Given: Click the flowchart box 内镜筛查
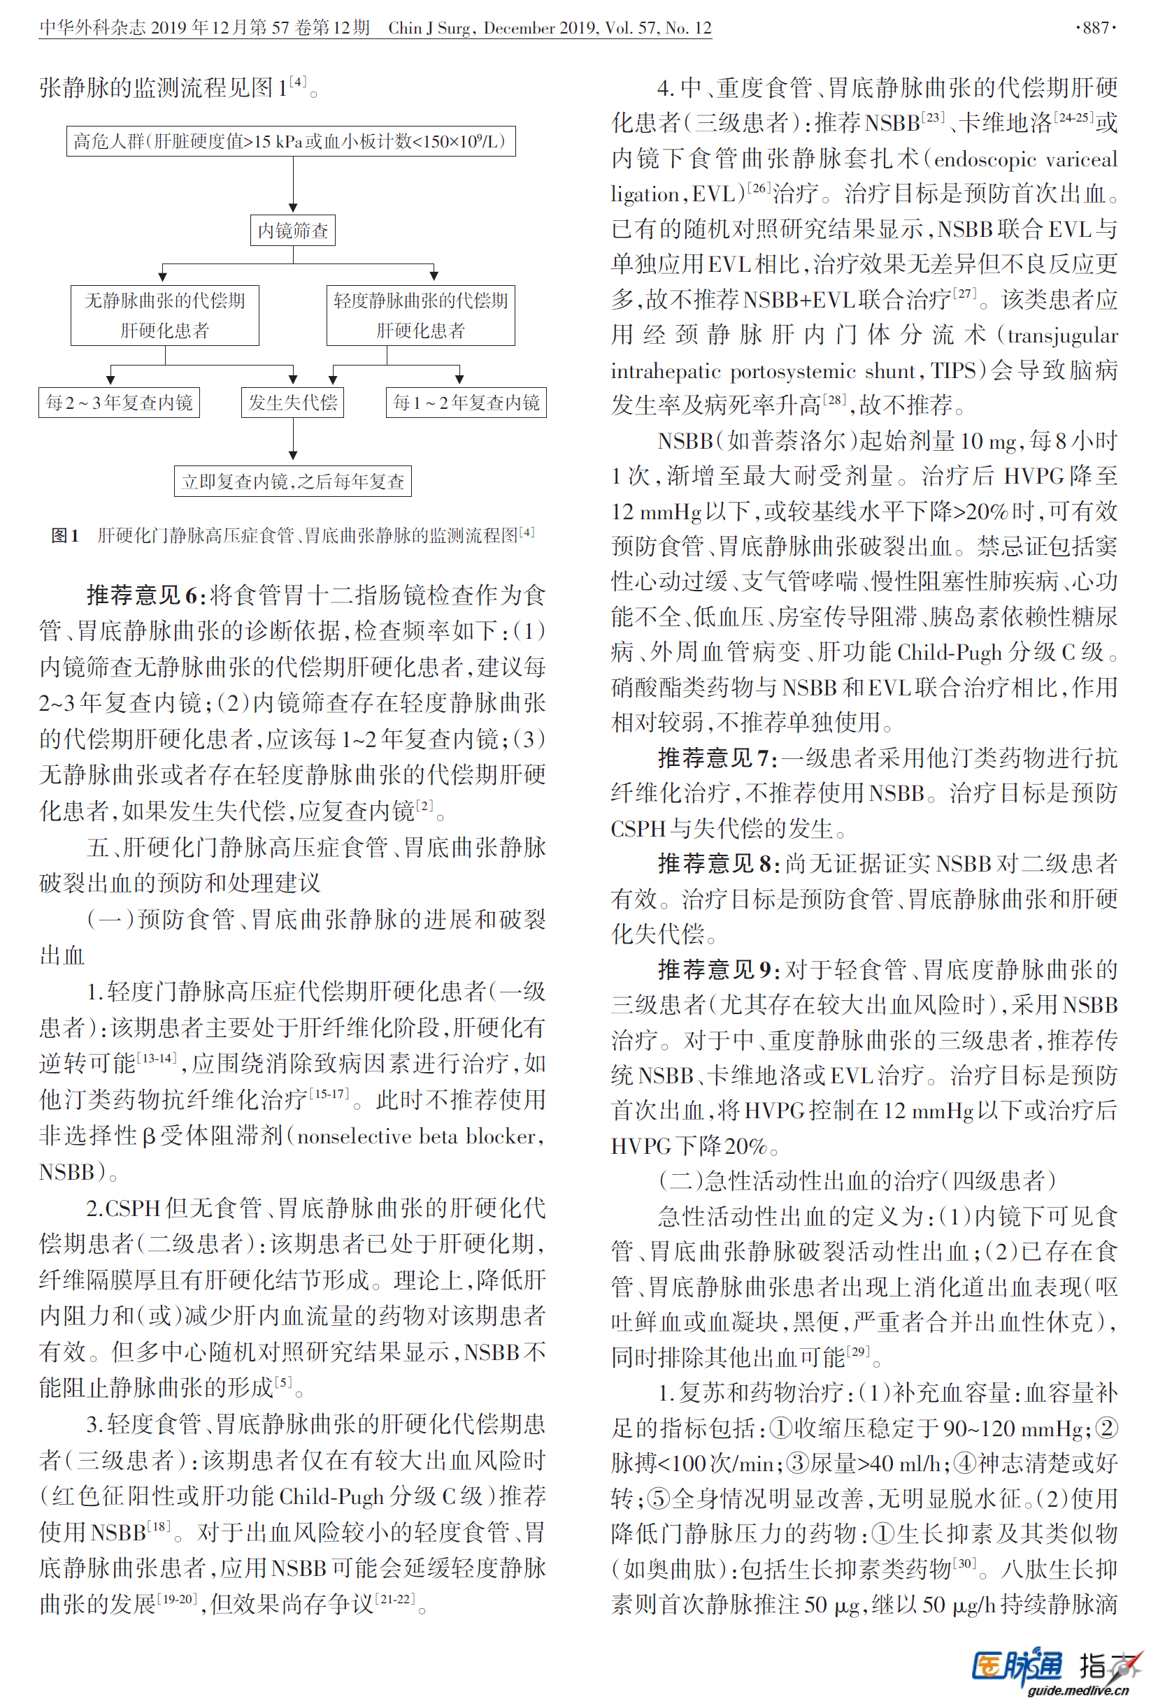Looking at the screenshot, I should (292, 231).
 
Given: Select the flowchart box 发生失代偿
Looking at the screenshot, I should (292, 403).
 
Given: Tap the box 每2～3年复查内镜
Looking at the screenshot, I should (119, 403).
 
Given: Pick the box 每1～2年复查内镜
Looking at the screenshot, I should (466, 403).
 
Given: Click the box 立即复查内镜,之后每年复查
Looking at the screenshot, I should (292, 482).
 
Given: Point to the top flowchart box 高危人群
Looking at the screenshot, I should (291, 141).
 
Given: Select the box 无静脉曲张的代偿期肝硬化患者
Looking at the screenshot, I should (164, 315).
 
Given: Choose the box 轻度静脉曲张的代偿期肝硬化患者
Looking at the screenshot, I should (420, 315).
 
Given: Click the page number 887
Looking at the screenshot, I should (1096, 28).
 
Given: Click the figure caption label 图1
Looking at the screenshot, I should (64, 536).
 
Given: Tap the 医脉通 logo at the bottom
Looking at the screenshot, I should (1017, 1665).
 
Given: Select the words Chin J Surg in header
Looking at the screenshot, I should (429, 28).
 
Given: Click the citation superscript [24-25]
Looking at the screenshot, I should (1073, 116).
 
